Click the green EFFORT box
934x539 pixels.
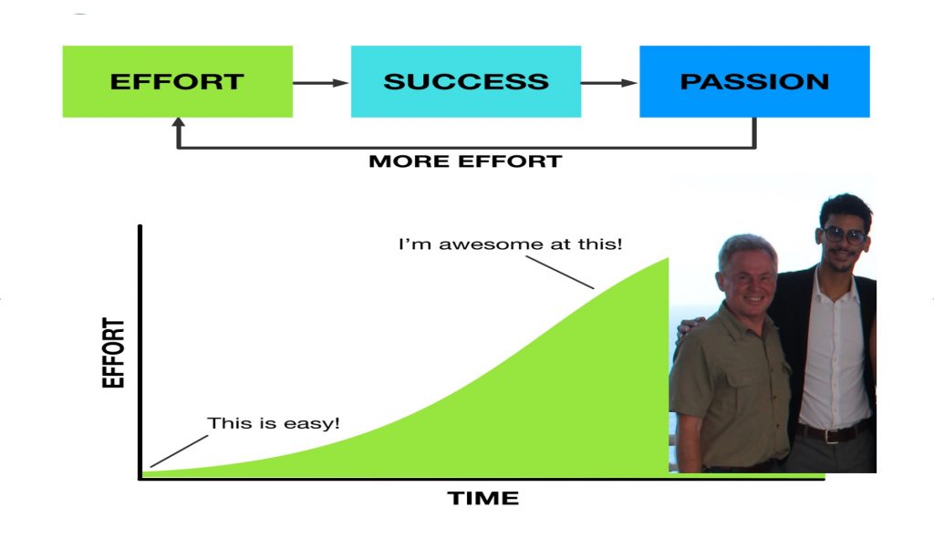(x=178, y=81)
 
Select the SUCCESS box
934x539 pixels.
(x=466, y=81)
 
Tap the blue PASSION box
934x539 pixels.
(x=754, y=81)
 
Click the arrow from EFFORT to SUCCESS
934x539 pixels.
(x=321, y=83)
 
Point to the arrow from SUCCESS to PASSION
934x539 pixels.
(x=609, y=83)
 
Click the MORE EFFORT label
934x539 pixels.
(x=465, y=161)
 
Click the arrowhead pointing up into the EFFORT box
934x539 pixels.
(x=178, y=122)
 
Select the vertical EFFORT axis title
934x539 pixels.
(x=113, y=353)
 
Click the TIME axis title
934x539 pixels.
(x=483, y=498)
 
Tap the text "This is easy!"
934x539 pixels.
(x=274, y=423)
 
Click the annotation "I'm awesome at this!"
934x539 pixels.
(x=511, y=244)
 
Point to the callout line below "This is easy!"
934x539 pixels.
(x=180, y=451)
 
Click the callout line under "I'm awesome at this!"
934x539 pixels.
(x=560, y=273)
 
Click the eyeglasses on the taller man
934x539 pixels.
(x=844, y=235)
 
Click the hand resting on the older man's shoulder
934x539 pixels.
(x=690, y=327)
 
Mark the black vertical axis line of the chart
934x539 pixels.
(x=140, y=351)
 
